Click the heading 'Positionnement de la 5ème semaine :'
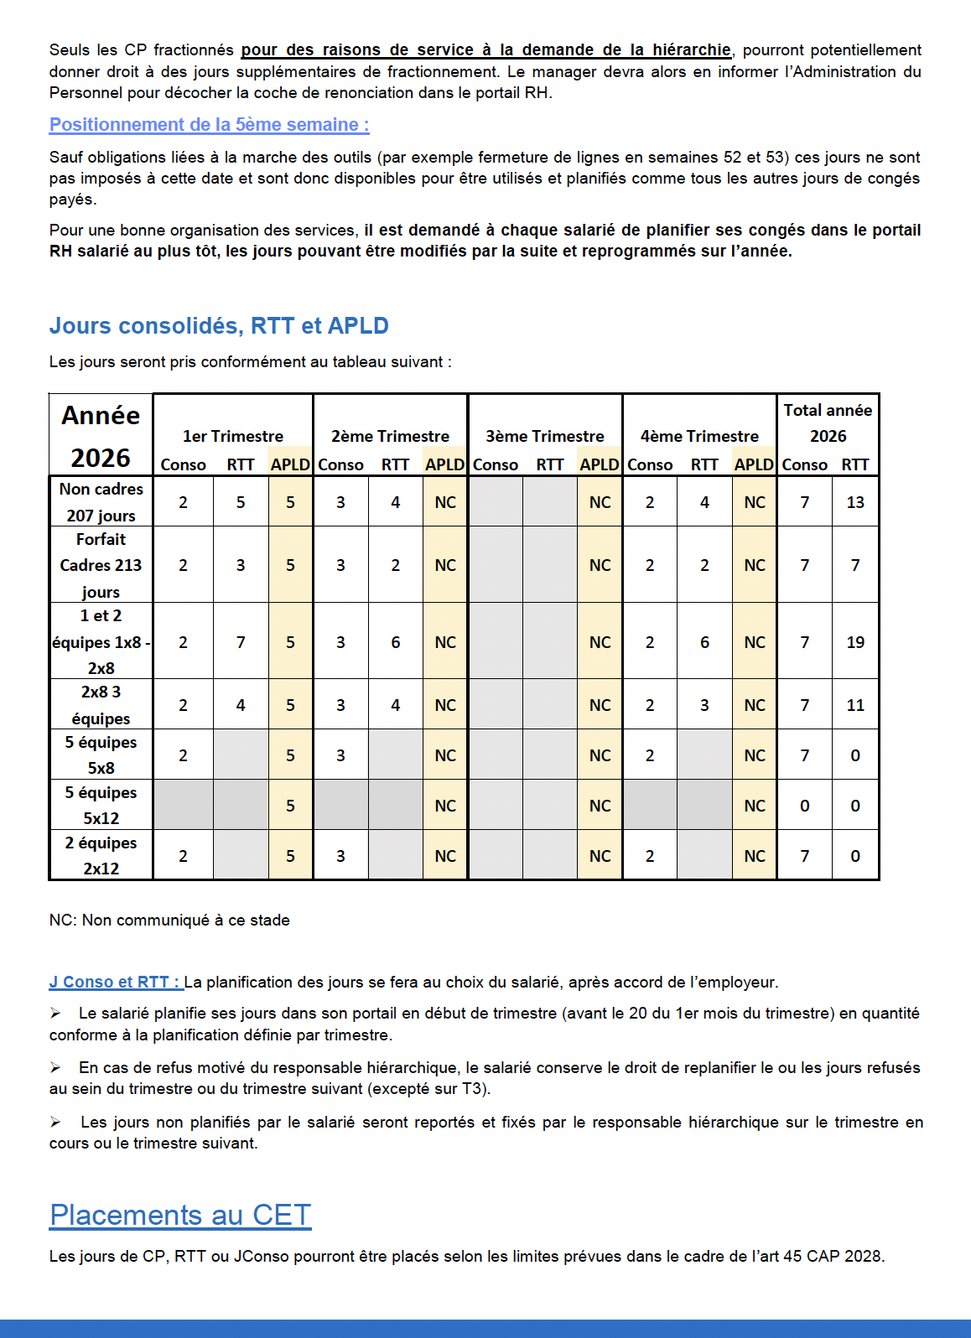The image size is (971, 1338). pos(209,125)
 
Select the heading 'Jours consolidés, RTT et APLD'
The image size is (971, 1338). pos(219,325)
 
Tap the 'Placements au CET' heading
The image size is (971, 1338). pos(180,1215)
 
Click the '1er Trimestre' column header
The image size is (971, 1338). pos(233,436)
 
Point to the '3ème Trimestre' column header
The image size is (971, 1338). pos(545,436)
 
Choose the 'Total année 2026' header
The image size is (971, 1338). pos(828,423)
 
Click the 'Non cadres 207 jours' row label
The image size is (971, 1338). pos(101,501)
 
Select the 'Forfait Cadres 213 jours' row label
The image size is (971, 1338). pos(101,565)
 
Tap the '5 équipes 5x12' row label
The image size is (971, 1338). pos(101,805)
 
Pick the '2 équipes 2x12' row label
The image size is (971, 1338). pos(101,855)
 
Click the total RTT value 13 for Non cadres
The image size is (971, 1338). pos(855,502)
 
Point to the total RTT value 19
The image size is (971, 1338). pos(855,642)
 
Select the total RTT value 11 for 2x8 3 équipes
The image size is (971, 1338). pos(855,705)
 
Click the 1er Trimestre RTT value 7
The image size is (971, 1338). pos(241,642)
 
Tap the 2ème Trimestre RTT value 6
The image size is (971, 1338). pos(396,642)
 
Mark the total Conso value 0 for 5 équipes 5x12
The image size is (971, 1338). pos(805,806)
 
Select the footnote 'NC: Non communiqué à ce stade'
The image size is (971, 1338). pos(169,920)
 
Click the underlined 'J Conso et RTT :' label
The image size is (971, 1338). pos(116,982)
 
